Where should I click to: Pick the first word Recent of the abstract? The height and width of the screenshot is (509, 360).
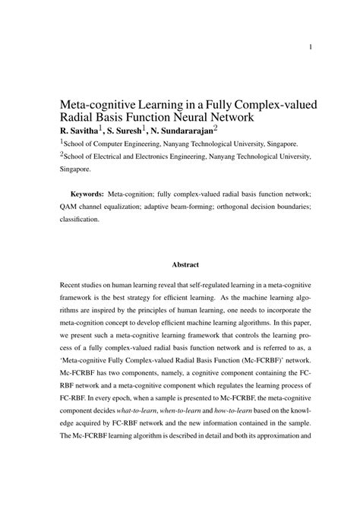click(71, 283)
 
